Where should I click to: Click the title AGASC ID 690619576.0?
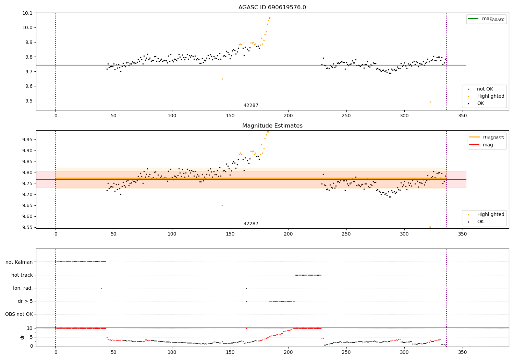tap(272, 8)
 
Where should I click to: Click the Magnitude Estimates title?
tap(272, 126)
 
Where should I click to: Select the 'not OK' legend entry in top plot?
tap(485, 89)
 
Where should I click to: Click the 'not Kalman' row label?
tap(19, 262)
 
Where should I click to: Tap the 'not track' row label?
tap(22, 275)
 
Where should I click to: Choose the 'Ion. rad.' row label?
tap(23, 288)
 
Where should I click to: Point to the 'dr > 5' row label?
tap(25, 301)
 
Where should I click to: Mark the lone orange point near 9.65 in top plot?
tap(222, 79)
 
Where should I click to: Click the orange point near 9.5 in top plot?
tap(430, 102)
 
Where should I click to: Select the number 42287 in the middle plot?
tap(251, 224)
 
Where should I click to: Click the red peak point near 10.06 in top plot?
tap(270, 18)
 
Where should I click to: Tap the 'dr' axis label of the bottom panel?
tap(22, 337)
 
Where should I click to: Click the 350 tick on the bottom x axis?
tap(463, 352)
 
